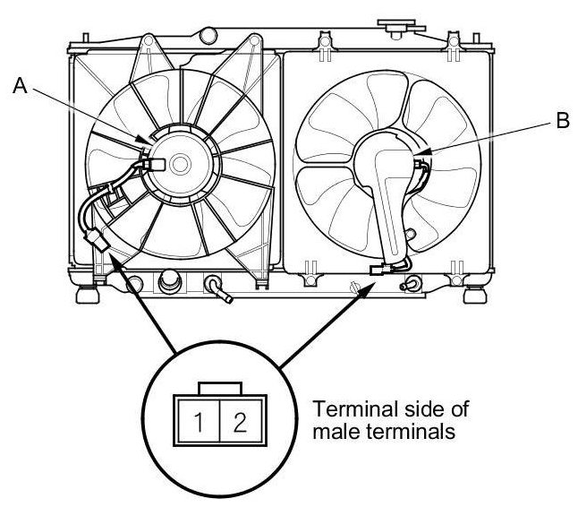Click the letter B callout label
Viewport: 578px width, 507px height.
(562, 123)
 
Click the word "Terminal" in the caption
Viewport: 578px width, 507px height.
(352, 411)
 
